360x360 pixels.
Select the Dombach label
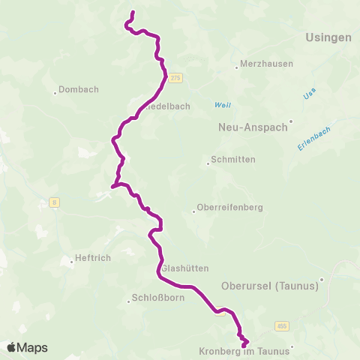coord(79,89)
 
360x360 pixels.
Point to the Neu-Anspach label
coord(253,127)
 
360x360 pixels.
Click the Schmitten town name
coord(233,160)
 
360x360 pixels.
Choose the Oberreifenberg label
coord(229,208)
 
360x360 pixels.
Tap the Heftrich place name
coord(94,260)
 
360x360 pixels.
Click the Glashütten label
coord(184,268)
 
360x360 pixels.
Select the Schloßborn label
coord(154,297)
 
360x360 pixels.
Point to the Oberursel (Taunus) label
coord(271,285)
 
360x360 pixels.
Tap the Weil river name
coord(222,104)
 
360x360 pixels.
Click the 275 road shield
coord(175,77)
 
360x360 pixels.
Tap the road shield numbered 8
coord(55,201)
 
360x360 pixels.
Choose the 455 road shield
coord(281,325)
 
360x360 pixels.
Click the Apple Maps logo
coord(27,347)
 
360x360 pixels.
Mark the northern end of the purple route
coord(133,13)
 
